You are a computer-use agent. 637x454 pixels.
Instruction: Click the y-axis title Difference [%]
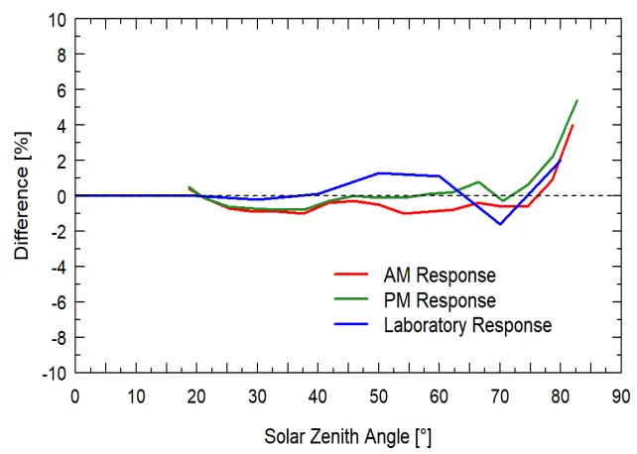pyautogui.click(x=21, y=196)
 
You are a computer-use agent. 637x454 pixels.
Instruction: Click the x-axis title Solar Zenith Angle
pyautogui.click(x=347, y=436)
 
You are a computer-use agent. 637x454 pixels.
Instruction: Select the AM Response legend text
pyautogui.click(x=440, y=275)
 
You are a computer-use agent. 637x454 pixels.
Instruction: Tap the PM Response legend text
pyautogui.click(x=440, y=299)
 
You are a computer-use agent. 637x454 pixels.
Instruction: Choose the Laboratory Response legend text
pyautogui.click(x=467, y=324)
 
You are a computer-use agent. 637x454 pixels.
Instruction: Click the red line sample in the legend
pyautogui.click(x=352, y=275)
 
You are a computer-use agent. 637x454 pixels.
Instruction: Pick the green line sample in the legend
pyautogui.click(x=352, y=299)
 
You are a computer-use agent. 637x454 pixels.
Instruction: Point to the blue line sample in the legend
pyautogui.click(x=352, y=324)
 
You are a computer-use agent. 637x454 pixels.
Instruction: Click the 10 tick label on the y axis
pyautogui.click(x=58, y=20)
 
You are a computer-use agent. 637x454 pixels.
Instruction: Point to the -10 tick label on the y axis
pyautogui.click(x=55, y=373)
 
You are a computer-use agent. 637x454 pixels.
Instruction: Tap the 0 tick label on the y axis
pyautogui.click(x=62, y=196)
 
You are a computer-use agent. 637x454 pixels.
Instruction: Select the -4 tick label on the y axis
pyautogui.click(x=58, y=267)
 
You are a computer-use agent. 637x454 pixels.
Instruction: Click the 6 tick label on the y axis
pyautogui.click(x=62, y=90)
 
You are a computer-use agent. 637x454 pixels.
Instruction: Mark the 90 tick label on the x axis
pyautogui.click(x=621, y=396)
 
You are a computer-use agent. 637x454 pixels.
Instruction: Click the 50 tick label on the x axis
pyautogui.click(x=378, y=396)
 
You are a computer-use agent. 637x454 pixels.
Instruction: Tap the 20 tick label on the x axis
pyautogui.click(x=196, y=396)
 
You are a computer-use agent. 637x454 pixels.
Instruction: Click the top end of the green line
pyautogui.click(x=576, y=100)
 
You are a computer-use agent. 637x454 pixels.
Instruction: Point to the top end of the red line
pyautogui.click(x=573, y=125)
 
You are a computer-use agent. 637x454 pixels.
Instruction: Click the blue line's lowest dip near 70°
pyautogui.click(x=500, y=224)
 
